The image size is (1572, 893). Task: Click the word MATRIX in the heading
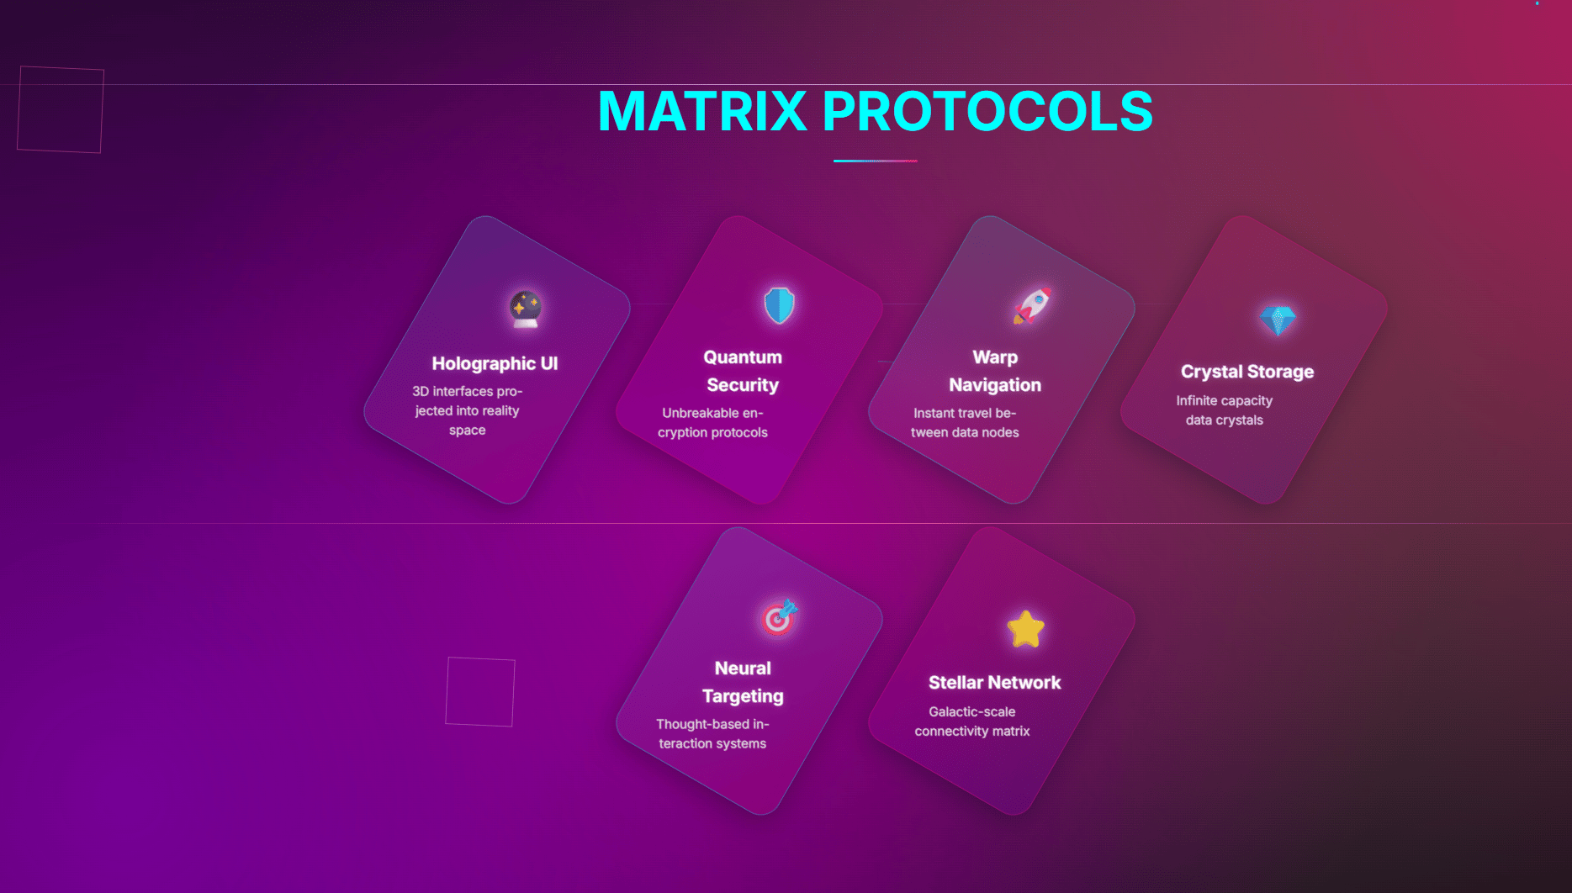tap(702, 111)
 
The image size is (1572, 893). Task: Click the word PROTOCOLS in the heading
tap(987, 111)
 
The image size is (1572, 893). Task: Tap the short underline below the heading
tap(875, 161)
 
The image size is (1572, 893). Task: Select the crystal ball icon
tap(526, 309)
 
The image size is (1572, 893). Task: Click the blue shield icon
tap(779, 305)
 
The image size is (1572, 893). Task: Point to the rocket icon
tap(1032, 305)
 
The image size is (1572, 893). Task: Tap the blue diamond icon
tap(1278, 320)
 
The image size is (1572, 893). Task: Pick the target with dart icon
tap(779, 617)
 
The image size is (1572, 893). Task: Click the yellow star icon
tap(1025, 630)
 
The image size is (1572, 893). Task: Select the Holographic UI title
tap(495, 363)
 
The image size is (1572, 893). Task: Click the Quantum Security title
tap(743, 371)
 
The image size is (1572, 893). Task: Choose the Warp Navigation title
tap(995, 371)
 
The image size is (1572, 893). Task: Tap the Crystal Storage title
tap(1247, 372)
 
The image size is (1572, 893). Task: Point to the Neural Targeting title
tap(743, 682)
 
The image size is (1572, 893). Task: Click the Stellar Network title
tap(995, 683)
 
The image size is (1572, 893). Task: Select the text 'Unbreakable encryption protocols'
tap(712, 423)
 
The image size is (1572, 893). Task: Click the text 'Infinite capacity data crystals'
tap(1225, 410)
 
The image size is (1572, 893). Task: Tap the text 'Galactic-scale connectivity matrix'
tap(972, 721)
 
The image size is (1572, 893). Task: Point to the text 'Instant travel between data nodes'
tap(965, 423)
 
